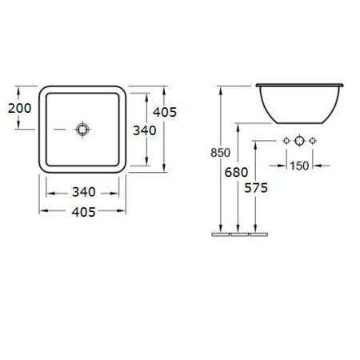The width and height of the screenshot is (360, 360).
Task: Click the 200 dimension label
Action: (x=20, y=108)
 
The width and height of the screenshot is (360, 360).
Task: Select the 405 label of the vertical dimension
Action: (x=165, y=112)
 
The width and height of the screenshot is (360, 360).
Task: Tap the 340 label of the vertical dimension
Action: (x=145, y=130)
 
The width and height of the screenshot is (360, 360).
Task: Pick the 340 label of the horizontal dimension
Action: (x=84, y=192)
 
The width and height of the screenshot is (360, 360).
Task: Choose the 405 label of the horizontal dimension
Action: (x=84, y=212)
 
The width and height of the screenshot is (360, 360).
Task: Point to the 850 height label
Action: (x=220, y=153)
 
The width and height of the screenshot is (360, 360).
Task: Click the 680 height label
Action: (x=236, y=172)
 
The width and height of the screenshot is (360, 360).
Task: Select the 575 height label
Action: (x=256, y=188)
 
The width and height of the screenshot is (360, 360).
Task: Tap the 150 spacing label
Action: (x=299, y=166)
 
